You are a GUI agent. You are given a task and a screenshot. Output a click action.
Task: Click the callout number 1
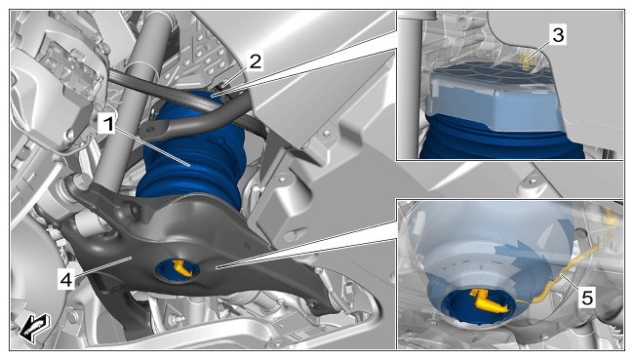click(108, 123)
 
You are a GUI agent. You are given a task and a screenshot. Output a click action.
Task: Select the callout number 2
click(256, 61)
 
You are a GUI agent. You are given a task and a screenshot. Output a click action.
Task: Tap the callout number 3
click(558, 35)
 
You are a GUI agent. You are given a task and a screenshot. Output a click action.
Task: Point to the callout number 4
click(66, 279)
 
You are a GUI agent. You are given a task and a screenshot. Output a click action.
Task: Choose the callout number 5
click(587, 298)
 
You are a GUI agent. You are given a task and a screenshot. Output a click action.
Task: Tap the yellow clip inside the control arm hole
click(182, 268)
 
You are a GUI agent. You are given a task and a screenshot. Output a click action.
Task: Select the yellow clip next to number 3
click(526, 60)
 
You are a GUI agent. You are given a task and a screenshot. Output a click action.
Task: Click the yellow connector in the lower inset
click(490, 301)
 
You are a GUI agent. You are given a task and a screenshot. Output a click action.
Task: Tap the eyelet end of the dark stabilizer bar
click(151, 130)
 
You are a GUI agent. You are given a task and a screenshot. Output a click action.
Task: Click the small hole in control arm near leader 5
click(246, 244)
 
